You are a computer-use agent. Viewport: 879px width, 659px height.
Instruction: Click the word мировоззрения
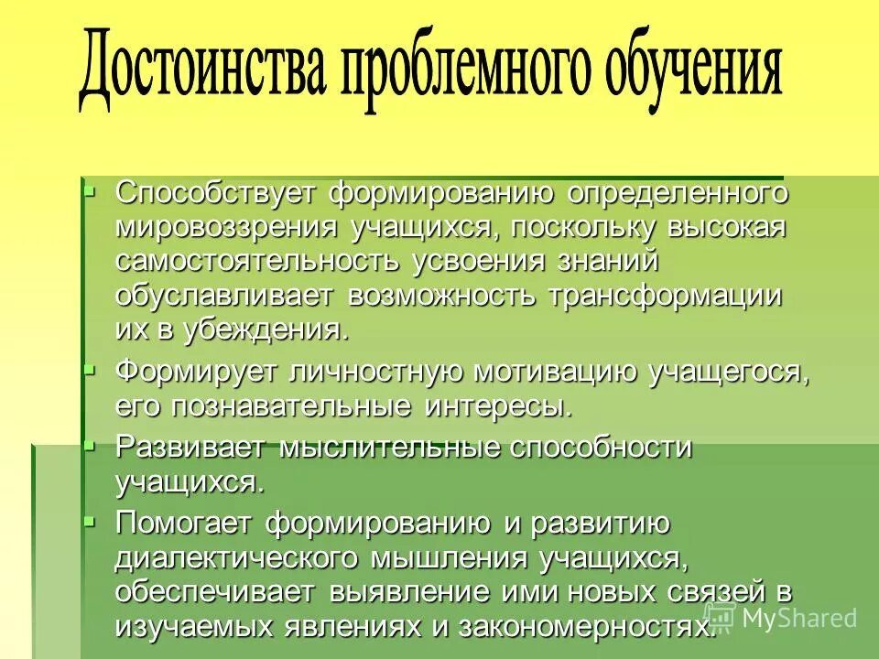(225, 227)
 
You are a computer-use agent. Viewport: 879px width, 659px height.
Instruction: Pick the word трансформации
(666, 296)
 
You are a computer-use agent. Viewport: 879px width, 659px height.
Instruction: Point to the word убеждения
(266, 329)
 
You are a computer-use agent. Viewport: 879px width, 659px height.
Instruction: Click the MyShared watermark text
(798, 617)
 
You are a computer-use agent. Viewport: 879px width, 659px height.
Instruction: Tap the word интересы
(499, 405)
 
